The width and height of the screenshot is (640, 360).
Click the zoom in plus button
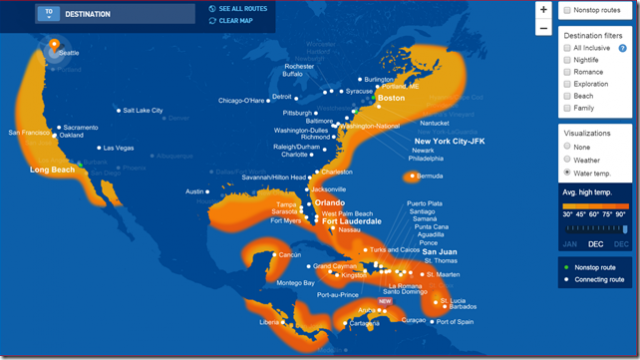pos(543,9)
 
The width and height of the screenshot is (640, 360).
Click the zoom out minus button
pos(543,28)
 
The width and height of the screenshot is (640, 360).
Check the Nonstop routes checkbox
pos(567,9)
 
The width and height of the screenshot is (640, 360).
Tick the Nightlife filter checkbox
pos(567,60)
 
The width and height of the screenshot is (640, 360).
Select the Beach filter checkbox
pos(567,93)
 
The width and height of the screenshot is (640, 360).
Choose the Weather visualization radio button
pos(567,160)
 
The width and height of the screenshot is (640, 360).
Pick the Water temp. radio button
pos(567,173)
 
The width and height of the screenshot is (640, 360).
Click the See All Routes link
pos(237,9)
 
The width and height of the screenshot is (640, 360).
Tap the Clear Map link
pos(233,20)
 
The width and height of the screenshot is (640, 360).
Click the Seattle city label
pos(69,53)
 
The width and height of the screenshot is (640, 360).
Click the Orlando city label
pos(329,201)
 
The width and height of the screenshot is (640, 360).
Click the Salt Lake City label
pos(142,110)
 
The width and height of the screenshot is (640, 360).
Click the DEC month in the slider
pos(595,244)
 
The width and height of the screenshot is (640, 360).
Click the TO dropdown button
pos(48,13)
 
